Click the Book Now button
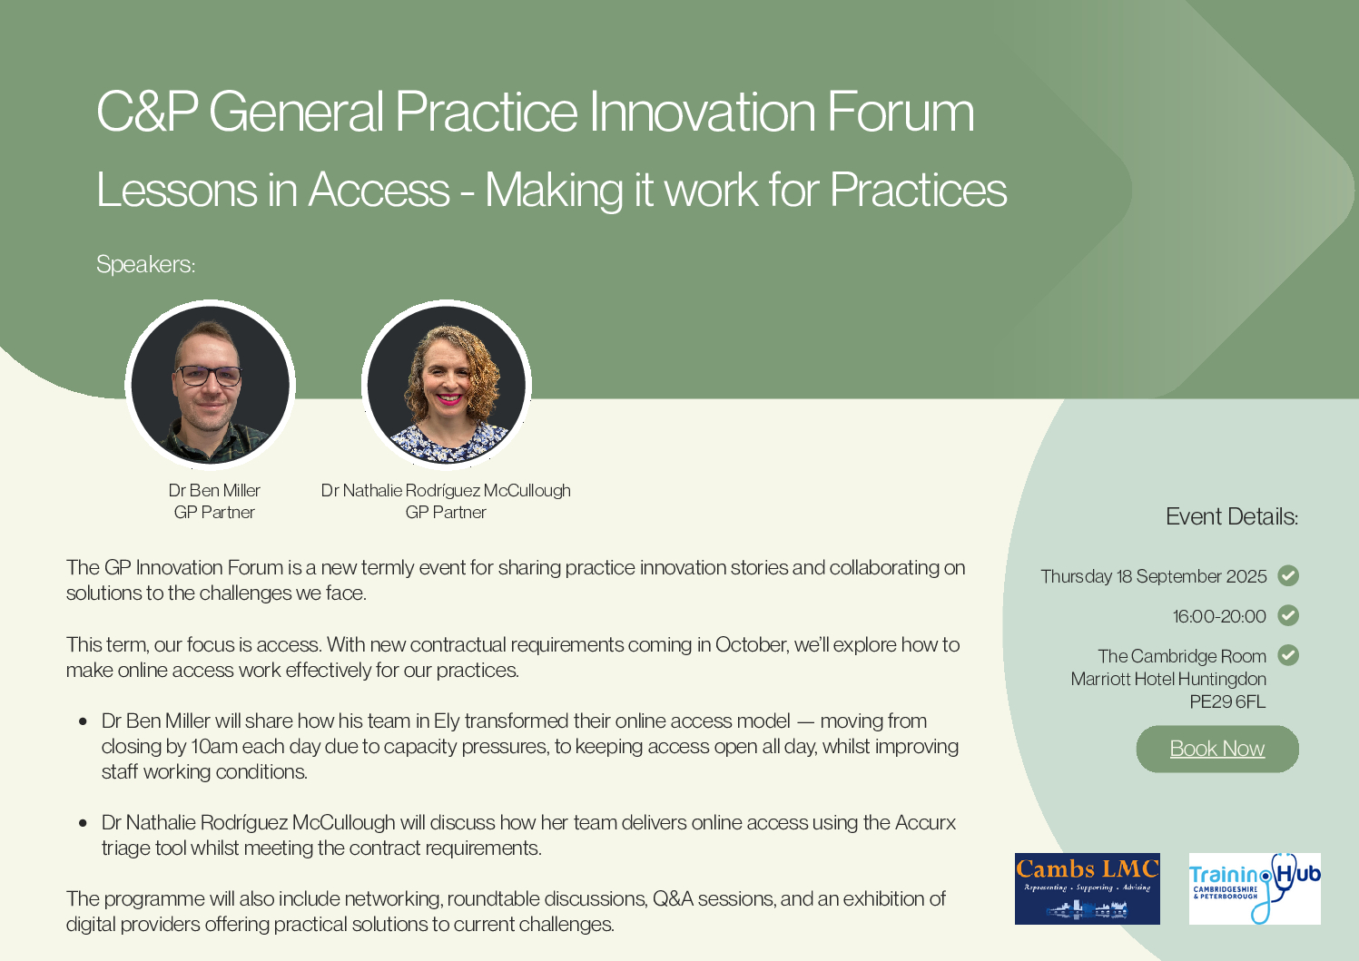click(1217, 749)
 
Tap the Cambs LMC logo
click(1088, 888)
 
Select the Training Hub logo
click(1255, 888)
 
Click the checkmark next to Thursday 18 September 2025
click(1288, 575)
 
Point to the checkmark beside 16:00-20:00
click(1288, 615)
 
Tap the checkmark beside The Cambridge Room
click(1288, 655)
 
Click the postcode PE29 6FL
click(1227, 701)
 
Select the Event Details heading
click(1232, 516)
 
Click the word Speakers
click(145, 265)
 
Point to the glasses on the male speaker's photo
click(209, 376)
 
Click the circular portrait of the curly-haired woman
click(447, 385)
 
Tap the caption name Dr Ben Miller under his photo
click(214, 490)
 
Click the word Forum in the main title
click(901, 112)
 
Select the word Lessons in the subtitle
click(176, 190)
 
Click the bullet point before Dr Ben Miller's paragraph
click(84, 721)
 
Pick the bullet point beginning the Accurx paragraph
click(84, 823)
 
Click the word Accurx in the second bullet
click(925, 823)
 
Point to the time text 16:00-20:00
click(1219, 616)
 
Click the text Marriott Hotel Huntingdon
click(1168, 679)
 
